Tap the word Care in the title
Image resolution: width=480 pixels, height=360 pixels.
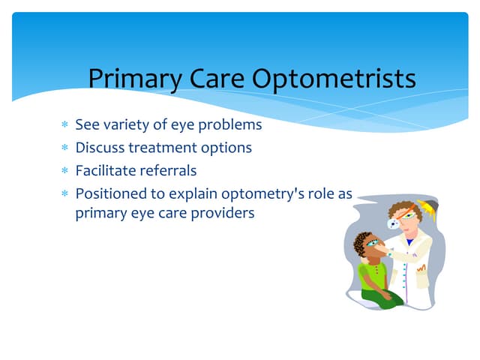click(212, 78)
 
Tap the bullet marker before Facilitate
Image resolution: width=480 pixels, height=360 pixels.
click(64, 171)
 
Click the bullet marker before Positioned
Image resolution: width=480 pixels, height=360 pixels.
click(64, 194)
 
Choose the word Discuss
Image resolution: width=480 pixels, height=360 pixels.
click(100, 148)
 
